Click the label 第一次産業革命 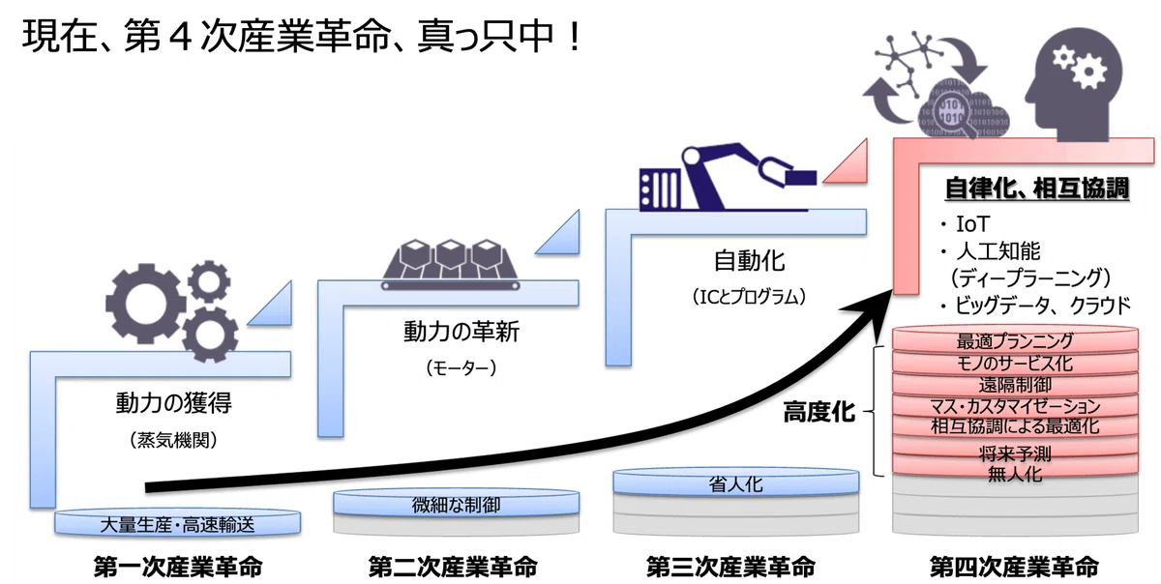[178, 567]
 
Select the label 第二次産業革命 [453, 567]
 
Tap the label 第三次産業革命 [730, 567]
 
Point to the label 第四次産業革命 [1014, 567]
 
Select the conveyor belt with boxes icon [451, 264]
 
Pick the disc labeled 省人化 [736, 482]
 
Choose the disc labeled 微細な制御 [456, 503]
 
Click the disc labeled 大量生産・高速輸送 [177, 522]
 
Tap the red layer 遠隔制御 [1015, 384]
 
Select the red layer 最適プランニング [1015, 340]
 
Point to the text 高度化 [819, 413]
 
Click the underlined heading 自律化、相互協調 [1037, 188]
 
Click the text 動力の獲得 [173, 402]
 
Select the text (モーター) [461, 368]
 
